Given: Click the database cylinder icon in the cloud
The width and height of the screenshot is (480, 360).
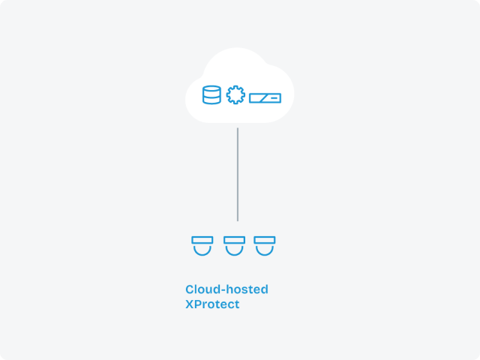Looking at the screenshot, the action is (x=211, y=95).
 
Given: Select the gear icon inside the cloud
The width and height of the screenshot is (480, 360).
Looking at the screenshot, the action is (x=235, y=95).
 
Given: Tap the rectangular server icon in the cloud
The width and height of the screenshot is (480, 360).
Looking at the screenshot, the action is (x=265, y=98).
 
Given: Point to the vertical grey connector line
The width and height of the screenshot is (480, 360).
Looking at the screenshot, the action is (x=238, y=175).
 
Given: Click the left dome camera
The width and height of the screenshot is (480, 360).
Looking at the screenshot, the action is (x=202, y=246).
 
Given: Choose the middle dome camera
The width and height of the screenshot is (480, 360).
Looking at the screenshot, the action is (x=234, y=246).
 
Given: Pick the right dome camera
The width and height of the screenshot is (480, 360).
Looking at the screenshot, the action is (x=265, y=246).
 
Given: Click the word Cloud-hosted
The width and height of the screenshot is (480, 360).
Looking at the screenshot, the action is (x=226, y=289).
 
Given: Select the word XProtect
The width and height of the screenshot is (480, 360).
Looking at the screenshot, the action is (x=212, y=304).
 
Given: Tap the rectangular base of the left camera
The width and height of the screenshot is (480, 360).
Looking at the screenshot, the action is (x=202, y=240).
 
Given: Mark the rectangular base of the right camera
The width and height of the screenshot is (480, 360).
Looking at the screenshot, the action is (x=265, y=240).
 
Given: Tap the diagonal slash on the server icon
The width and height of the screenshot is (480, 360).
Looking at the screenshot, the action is (x=263, y=98).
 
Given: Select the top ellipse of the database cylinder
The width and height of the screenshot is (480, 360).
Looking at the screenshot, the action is (x=211, y=89).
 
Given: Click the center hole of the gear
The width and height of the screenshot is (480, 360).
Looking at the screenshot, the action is (x=235, y=95).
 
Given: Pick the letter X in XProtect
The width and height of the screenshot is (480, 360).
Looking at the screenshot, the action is (x=190, y=304).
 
